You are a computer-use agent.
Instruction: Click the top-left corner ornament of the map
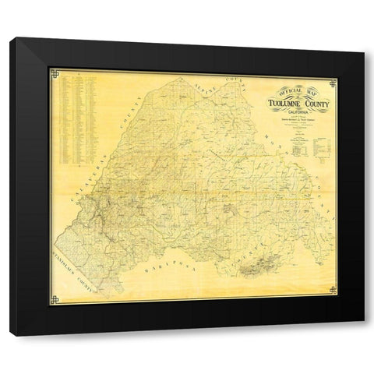click(53, 74)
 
